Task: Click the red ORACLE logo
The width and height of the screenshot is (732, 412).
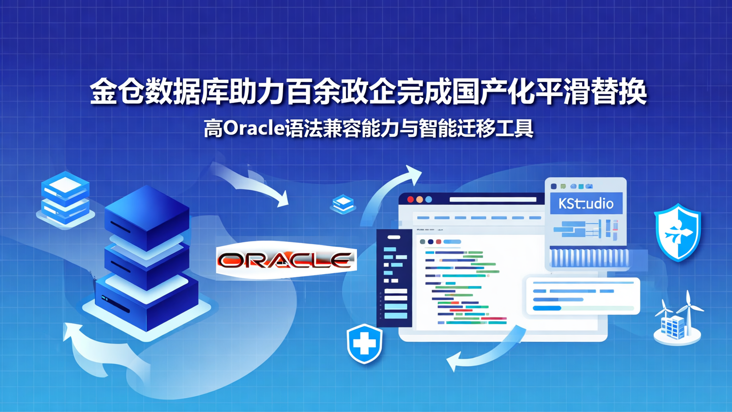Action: coord(286,260)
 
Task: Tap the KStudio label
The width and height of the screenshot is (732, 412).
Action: coord(586,204)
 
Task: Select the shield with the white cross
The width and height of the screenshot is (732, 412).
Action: coord(364,344)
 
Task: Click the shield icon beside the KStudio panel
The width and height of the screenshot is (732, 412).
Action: coord(677,232)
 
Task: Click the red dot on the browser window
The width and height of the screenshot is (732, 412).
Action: coord(410,199)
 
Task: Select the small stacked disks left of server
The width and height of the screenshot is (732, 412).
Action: coord(65,196)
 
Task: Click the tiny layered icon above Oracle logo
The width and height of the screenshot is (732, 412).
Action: coord(343,203)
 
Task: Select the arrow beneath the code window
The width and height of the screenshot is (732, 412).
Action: coord(483,351)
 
